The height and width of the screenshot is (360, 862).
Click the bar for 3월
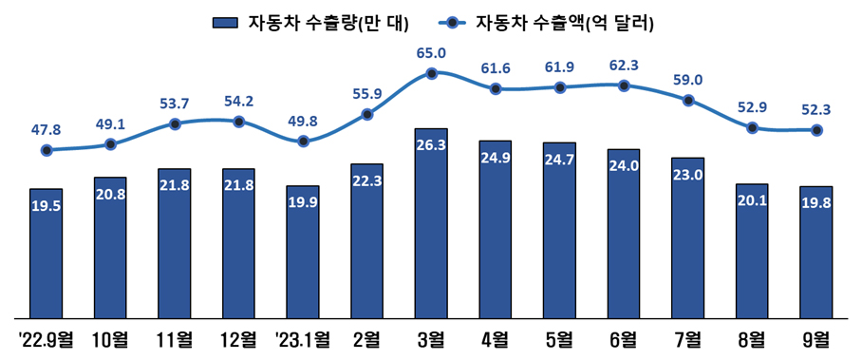[x=432, y=223]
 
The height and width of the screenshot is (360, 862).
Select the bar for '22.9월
[x=46, y=253]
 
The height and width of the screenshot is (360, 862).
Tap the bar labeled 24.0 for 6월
[x=624, y=234]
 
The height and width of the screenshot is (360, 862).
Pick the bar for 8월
[x=752, y=251]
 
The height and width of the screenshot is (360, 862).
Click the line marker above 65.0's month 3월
[x=432, y=73]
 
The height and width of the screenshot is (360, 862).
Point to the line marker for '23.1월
[x=303, y=142]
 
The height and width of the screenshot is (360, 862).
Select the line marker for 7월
[x=688, y=101]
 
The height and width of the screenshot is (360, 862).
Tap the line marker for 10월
[x=110, y=144]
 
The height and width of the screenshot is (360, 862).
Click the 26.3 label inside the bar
[x=432, y=145]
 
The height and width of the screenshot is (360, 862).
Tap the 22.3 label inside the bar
[x=367, y=180]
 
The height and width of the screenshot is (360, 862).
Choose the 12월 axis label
[x=238, y=339]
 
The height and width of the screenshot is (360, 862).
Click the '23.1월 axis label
[x=303, y=339]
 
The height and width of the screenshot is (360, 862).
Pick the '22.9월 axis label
[x=46, y=339]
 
